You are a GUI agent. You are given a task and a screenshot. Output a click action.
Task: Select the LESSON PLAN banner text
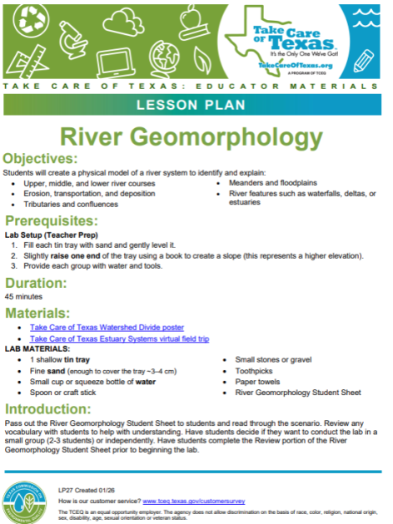(196, 104)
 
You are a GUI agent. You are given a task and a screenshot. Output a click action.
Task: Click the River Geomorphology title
(196, 136)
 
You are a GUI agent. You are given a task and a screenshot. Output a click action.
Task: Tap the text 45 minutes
(21, 296)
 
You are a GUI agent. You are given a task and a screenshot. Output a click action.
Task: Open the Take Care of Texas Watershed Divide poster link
(107, 328)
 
